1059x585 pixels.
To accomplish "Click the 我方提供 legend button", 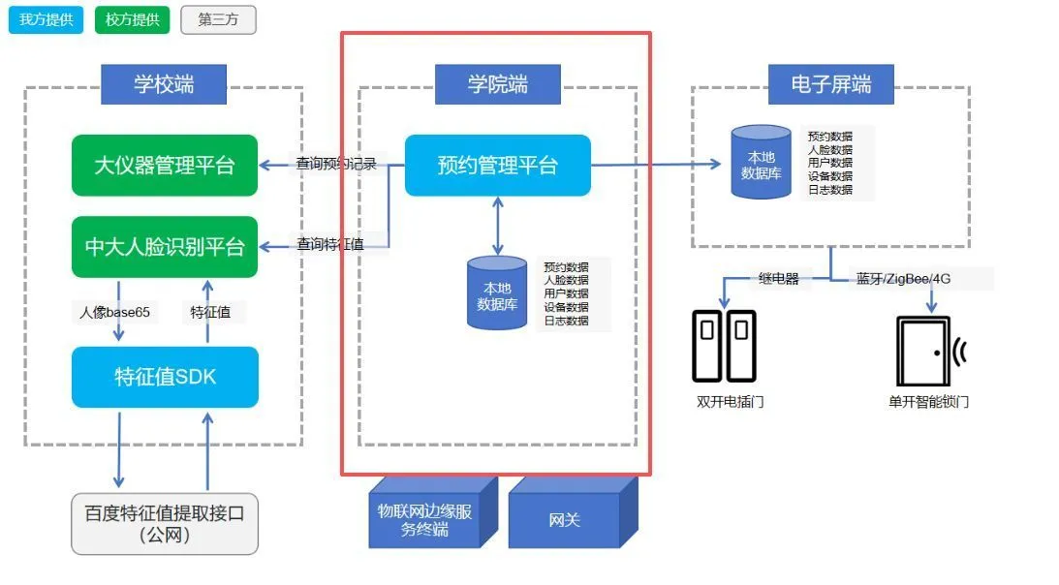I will click(x=47, y=19).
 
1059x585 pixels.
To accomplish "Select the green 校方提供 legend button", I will click(x=132, y=19).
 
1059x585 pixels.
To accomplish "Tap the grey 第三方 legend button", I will click(x=218, y=19).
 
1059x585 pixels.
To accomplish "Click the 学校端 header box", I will click(x=164, y=84).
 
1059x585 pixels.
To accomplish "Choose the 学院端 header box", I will click(x=498, y=84).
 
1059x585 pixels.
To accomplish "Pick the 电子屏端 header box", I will click(x=830, y=84).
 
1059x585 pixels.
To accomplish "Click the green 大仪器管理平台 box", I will click(x=165, y=165).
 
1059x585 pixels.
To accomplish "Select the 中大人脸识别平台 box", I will click(x=165, y=246).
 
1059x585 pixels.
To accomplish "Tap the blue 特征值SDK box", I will click(x=165, y=377).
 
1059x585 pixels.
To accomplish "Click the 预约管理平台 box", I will click(x=497, y=165).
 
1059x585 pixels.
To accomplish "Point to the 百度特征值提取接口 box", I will click(x=165, y=523).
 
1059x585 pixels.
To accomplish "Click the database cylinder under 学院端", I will click(x=497, y=293).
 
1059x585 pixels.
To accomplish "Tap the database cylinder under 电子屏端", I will click(x=761, y=163).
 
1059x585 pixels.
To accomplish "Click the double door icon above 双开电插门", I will click(x=724, y=346).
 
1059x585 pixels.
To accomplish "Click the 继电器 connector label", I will click(x=778, y=279).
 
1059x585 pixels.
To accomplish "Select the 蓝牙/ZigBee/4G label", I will click(x=903, y=279).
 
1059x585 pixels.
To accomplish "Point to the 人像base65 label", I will click(x=114, y=312).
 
